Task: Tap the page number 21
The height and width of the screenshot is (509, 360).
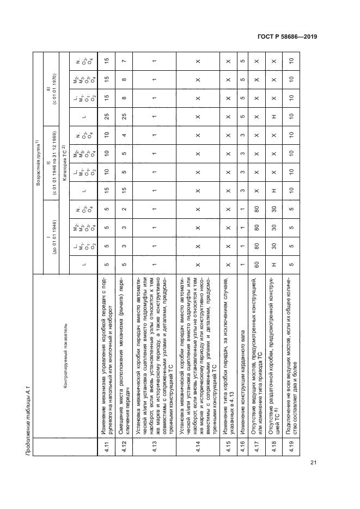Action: [313, 463]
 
